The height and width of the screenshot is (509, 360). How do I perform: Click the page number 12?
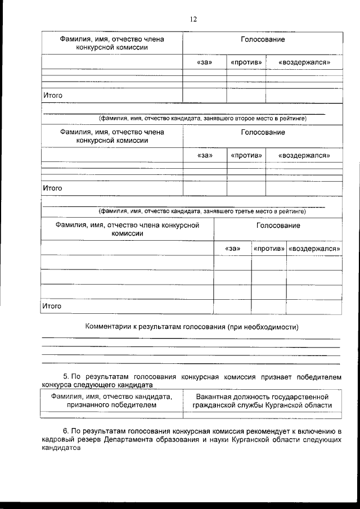click(x=193, y=19)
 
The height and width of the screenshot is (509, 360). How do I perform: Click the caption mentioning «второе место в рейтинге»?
click(x=202, y=119)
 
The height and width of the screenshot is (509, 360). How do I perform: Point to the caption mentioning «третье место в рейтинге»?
click(x=202, y=211)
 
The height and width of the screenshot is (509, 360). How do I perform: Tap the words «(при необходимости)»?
click(x=263, y=327)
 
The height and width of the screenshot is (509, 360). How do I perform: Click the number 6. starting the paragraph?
click(x=64, y=431)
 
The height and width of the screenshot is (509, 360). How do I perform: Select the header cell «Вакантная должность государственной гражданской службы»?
click(x=262, y=400)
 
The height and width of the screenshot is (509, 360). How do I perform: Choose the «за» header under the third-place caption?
click(x=232, y=248)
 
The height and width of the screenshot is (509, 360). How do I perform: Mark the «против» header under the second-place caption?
click(x=246, y=155)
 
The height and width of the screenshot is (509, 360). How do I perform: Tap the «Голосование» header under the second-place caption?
click(x=263, y=132)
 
